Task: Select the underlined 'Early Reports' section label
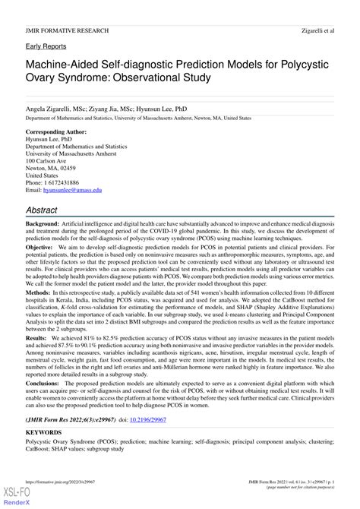click(45, 46)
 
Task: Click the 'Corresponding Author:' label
click(56, 131)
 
